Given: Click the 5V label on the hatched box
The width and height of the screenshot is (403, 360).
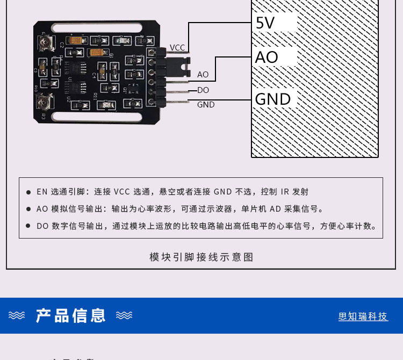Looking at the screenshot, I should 265,23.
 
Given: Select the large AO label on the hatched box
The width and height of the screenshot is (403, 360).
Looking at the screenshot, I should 267,57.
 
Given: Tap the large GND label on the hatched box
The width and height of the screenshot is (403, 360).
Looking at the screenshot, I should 272,99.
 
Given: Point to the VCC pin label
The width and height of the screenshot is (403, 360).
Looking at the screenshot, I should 177,48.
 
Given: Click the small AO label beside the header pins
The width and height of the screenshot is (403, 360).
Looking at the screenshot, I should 203,75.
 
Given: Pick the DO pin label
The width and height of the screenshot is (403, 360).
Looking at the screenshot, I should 203,90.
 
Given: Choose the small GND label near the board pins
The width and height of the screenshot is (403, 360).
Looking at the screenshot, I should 206,105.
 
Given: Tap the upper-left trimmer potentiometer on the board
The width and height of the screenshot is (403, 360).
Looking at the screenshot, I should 47,41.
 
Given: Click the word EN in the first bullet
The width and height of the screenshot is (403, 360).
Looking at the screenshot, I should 42,192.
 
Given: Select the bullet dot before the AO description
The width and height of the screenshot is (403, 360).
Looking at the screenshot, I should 28,210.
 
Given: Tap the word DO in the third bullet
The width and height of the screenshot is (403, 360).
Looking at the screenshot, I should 42,226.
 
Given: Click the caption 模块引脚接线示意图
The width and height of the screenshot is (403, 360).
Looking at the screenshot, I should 201,257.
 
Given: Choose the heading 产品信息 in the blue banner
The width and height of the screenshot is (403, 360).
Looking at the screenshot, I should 71,315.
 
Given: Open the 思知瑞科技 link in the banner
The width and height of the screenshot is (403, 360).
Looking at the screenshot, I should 363,316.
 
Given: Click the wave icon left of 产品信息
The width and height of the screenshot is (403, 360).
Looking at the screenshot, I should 17,315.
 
